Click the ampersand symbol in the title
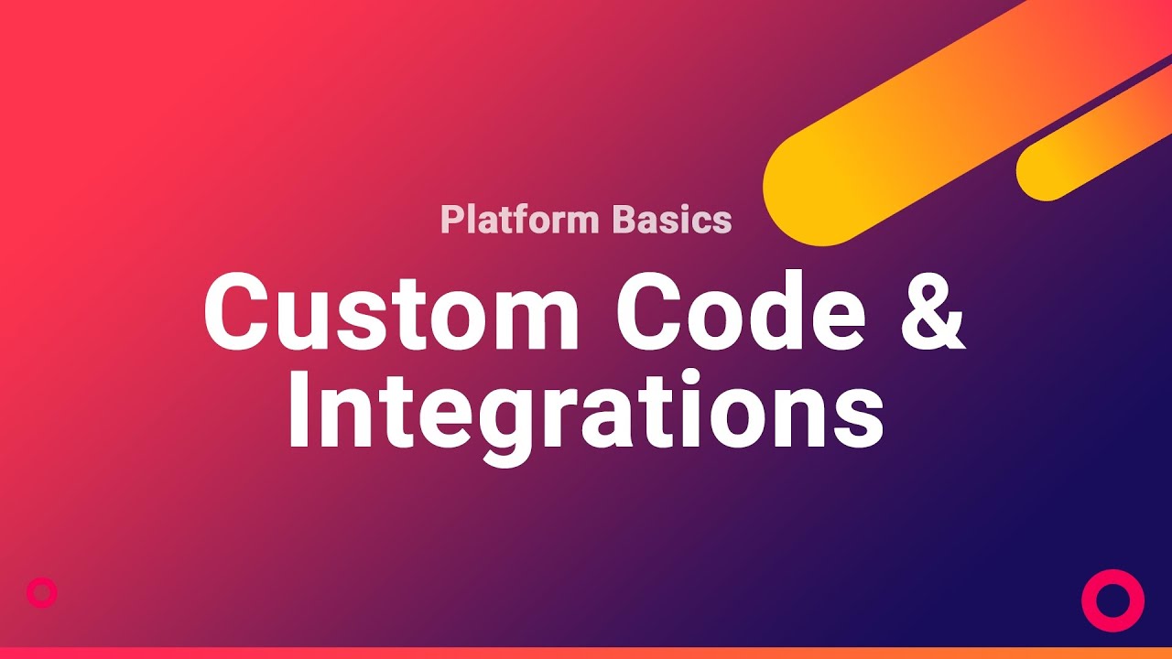click(x=930, y=311)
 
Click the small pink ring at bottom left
click(x=42, y=593)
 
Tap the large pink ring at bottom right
click(x=1112, y=600)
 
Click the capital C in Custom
click(x=239, y=311)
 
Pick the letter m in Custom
click(x=531, y=320)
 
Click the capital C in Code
click(x=651, y=311)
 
